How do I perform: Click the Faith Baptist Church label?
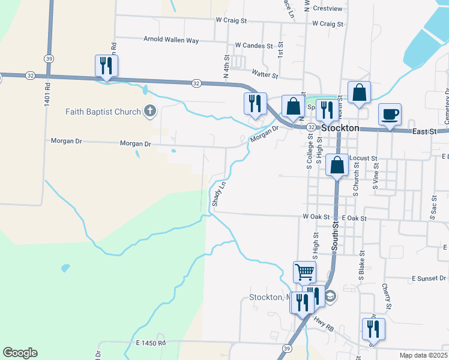[x=103, y=112]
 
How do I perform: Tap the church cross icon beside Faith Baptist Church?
[x=150, y=111]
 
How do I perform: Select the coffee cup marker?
[x=390, y=114]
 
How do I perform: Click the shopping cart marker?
[x=304, y=272]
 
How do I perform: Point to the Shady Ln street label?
[x=219, y=194]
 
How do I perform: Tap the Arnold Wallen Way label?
[x=171, y=40]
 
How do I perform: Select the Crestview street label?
[x=327, y=9]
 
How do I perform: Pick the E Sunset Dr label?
[x=429, y=279]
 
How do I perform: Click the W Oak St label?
[x=316, y=217]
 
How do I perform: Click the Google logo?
[x=20, y=353]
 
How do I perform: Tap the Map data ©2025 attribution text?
[x=423, y=355]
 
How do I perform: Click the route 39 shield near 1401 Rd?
[x=49, y=58]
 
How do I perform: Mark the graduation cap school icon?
[x=330, y=295]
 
